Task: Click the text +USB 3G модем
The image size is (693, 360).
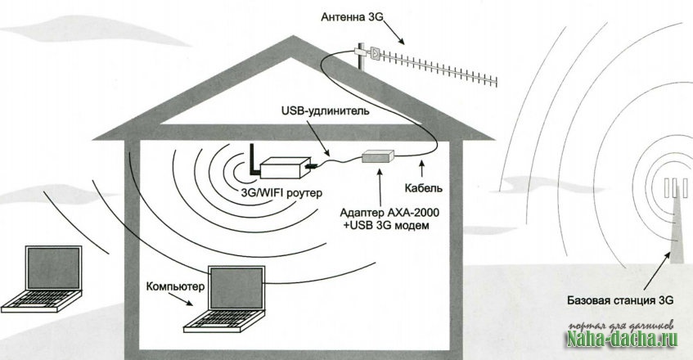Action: (384, 224)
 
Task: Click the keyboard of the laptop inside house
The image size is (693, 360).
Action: (218, 320)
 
